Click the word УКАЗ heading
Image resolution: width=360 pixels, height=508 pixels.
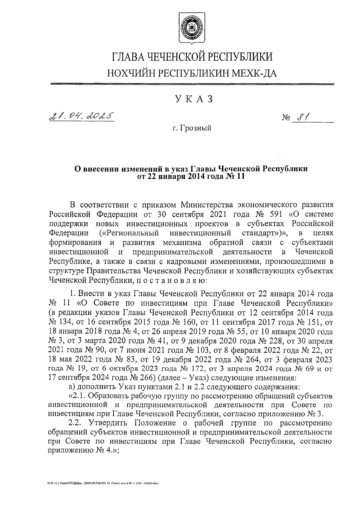[x=191, y=99]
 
